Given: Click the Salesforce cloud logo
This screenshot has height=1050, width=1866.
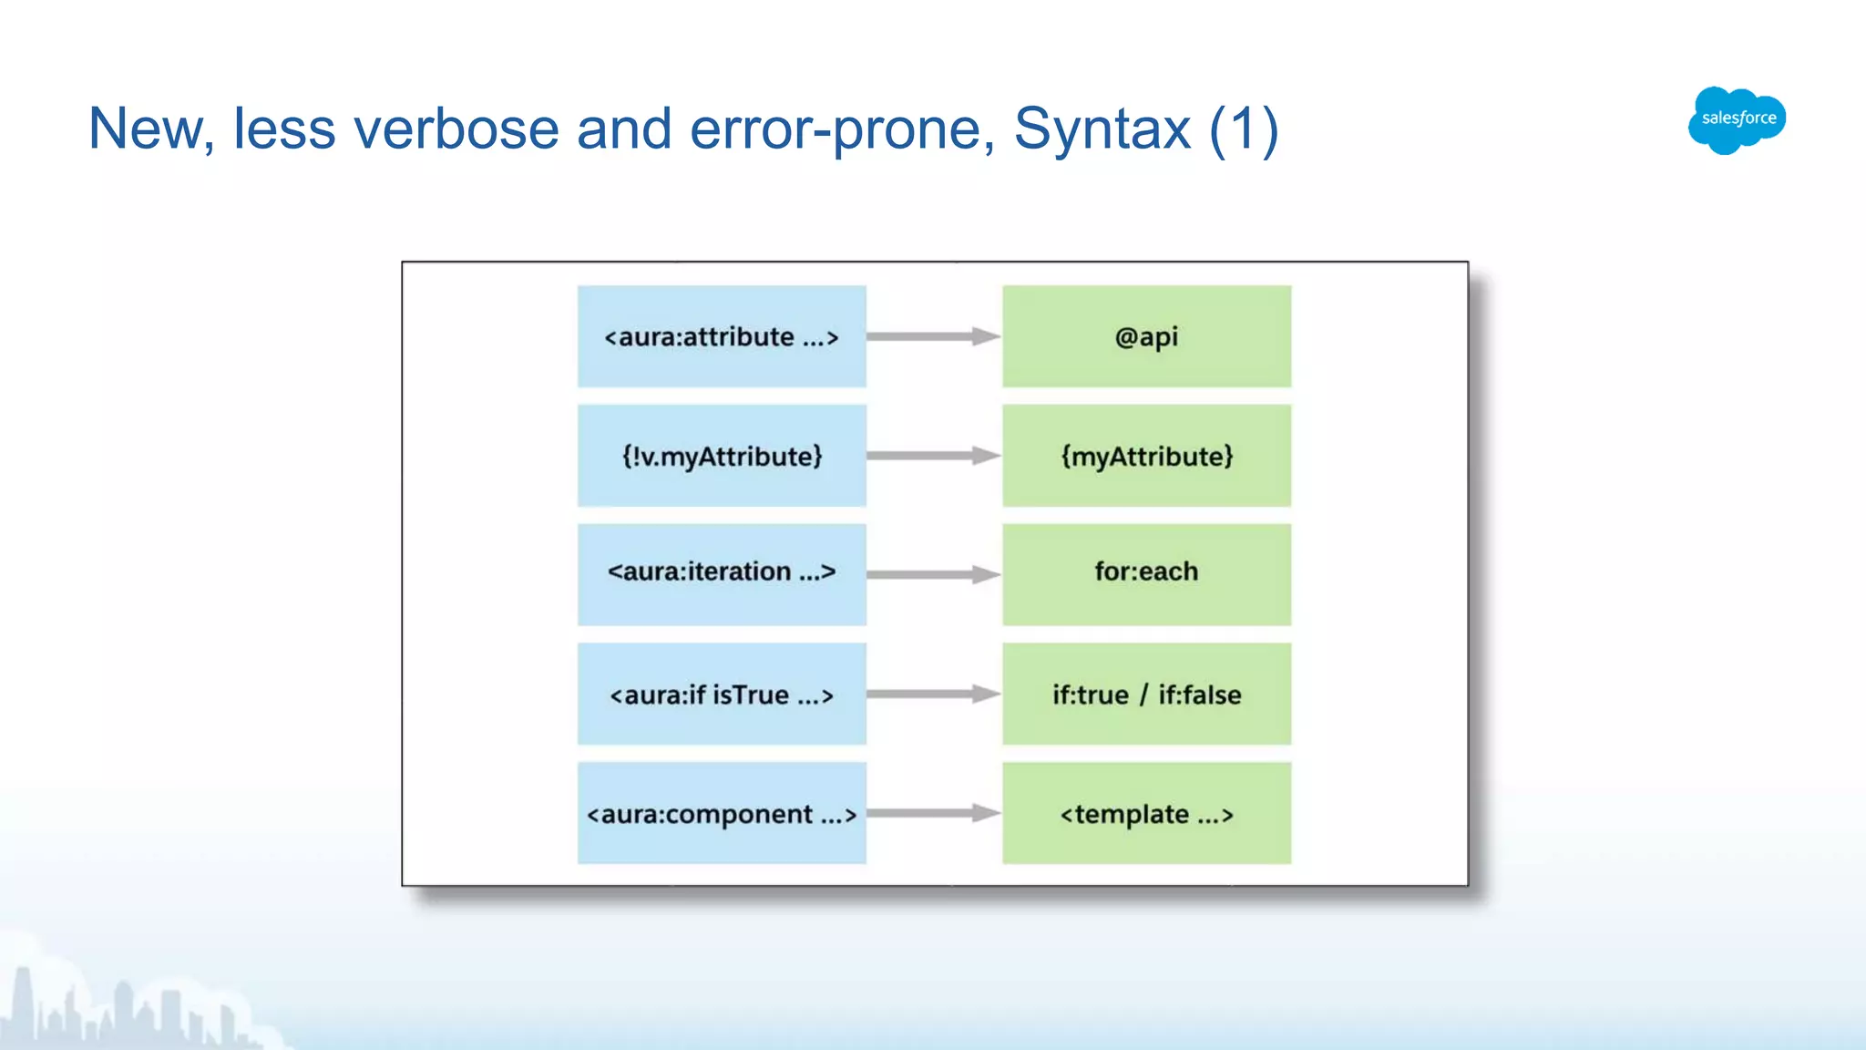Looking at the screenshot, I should point(1737,119).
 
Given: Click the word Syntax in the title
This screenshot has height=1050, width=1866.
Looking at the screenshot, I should point(1102,129).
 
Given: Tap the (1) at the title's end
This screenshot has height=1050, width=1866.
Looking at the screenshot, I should point(1244,129).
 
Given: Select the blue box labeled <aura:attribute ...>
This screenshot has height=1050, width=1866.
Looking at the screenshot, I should point(721,336).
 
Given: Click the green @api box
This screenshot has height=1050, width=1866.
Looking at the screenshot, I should point(1146,336).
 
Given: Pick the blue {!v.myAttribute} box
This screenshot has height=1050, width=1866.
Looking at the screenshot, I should point(721,456).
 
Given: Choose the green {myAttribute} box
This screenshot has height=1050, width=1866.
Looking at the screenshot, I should point(1146,456).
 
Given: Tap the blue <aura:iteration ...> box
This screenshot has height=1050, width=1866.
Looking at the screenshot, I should point(721,573).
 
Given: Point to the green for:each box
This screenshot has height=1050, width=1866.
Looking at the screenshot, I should point(1146,573).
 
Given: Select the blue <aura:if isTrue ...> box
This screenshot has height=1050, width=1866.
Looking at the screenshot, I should point(721,695).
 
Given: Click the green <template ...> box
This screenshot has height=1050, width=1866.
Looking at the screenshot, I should point(1146,813).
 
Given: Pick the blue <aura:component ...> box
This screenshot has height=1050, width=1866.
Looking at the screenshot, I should point(721,813).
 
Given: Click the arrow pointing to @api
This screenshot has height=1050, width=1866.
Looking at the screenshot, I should point(933,336).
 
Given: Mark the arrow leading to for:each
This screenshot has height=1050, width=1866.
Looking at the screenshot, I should point(933,574).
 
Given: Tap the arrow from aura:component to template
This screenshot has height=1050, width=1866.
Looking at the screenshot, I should point(933,813).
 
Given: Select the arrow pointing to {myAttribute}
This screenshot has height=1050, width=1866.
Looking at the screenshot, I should point(933,456).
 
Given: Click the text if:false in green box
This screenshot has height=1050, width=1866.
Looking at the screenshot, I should point(1199,695).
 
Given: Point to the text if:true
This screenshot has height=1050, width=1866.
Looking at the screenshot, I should point(1090,695).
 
